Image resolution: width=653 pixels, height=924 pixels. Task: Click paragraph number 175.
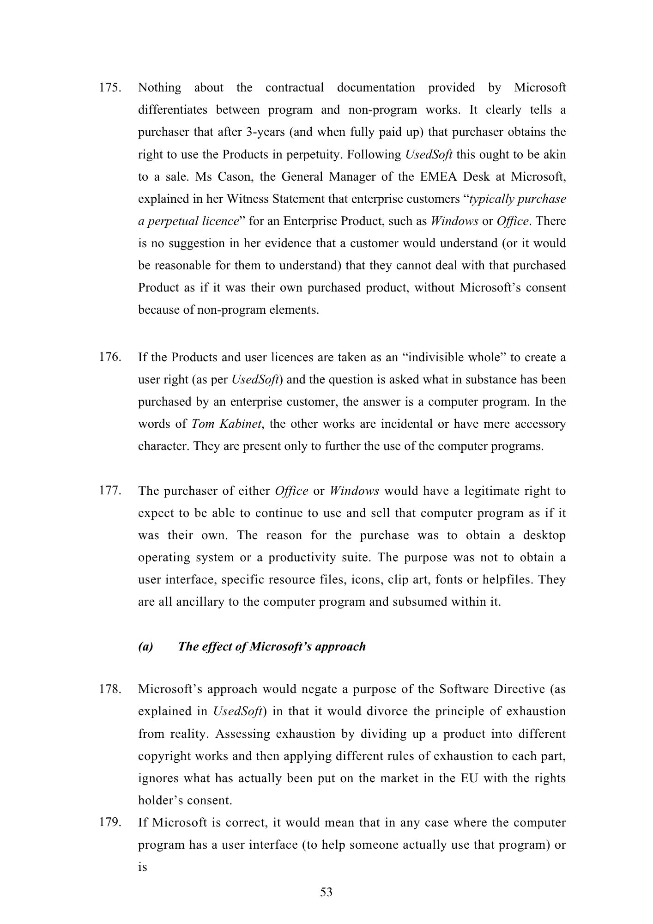tap(109, 88)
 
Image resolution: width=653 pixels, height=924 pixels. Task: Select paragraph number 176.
tap(109, 358)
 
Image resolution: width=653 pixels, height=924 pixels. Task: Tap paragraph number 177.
tap(109, 491)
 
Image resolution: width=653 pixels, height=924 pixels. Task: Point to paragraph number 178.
tap(109, 689)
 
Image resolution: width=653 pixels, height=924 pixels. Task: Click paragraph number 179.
tap(109, 823)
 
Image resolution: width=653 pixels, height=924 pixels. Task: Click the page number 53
tap(326, 892)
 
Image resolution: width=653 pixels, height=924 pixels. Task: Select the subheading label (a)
tap(145, 646)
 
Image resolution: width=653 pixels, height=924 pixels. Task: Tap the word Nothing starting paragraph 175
tap(160, 88)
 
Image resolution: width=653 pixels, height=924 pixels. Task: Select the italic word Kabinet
tap(240, 424)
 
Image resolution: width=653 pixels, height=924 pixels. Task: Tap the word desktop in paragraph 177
tap(544, 535)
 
